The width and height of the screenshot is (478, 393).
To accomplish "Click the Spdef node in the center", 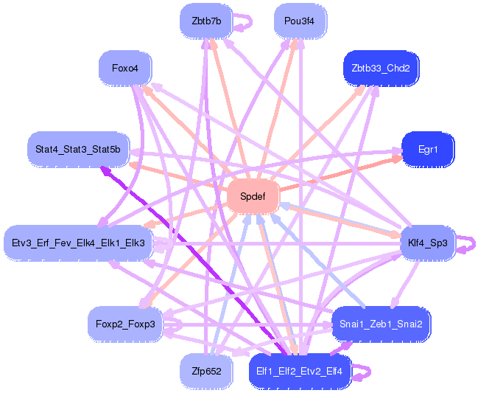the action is point(253,196).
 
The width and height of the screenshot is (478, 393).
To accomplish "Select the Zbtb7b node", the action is point(206,21).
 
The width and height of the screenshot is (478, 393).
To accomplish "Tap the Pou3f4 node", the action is point(300,21).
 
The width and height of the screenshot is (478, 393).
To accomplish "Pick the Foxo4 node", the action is point(125,68).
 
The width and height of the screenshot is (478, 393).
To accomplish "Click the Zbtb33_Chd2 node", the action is point(381,69).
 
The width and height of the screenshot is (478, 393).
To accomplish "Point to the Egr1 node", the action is point(428,150).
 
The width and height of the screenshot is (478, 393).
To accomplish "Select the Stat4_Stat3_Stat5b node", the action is point(78,150).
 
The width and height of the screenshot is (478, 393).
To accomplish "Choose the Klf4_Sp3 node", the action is point(428,243).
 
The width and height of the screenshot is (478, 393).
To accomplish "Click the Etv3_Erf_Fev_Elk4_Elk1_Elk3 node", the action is point(78,243).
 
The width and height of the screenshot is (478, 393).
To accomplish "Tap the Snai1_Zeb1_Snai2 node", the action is point(381,324).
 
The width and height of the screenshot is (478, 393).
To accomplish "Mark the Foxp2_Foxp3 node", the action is point(125,324).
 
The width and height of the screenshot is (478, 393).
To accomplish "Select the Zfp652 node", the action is point(206,372).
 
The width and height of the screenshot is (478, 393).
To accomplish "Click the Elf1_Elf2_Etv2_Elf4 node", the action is point(299,372).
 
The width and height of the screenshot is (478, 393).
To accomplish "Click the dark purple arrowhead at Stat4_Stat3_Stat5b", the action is point(105,172).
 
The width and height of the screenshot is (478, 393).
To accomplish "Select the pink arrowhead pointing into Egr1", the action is point(396,159).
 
